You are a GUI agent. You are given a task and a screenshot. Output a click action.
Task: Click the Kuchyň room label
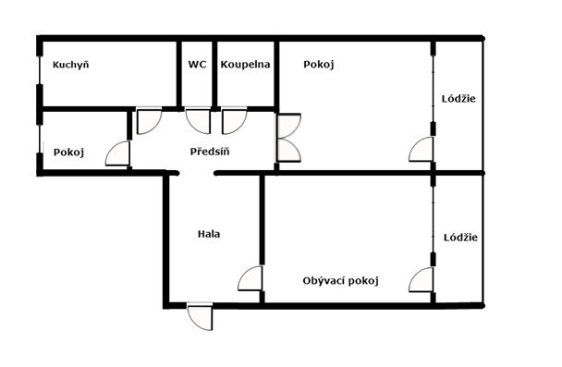[x=69, y=65]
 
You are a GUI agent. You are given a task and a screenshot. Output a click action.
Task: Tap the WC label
[x=197, y=65]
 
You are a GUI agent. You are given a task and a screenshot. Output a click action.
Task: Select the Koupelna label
[x=245, y=65]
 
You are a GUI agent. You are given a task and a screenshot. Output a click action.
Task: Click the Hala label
[x=209, y=234]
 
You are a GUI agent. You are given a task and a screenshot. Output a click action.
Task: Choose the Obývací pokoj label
[x=341, y=280]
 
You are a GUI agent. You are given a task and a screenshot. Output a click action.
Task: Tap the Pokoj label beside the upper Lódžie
[x=318, y=65]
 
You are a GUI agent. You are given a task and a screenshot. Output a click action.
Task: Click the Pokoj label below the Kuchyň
[x=68, y=153]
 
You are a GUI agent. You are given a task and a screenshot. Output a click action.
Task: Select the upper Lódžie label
[x=459, y=100]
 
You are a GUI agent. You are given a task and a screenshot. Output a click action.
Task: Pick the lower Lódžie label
[x=459, y=237]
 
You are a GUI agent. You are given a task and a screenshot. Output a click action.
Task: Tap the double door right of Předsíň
[x=288, y=139]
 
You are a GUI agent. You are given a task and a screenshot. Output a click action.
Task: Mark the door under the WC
[x=198, y=121]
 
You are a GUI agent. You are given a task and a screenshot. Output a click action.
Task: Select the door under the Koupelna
[x=234, y=121]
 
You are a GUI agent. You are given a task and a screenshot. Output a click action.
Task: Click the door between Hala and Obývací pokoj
[x=250, y=278]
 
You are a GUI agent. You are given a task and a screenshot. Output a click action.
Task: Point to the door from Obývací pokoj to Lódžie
[x=422, y=279]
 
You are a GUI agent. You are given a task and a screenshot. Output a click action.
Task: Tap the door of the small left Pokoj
[x=118, y=153]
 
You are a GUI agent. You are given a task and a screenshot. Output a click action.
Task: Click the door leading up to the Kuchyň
[x=149, y=121]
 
